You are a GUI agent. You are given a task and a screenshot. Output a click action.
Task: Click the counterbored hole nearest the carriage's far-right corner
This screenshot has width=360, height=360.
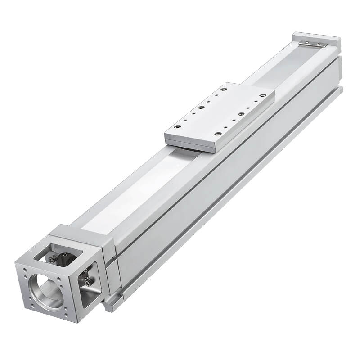click(262, 95)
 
